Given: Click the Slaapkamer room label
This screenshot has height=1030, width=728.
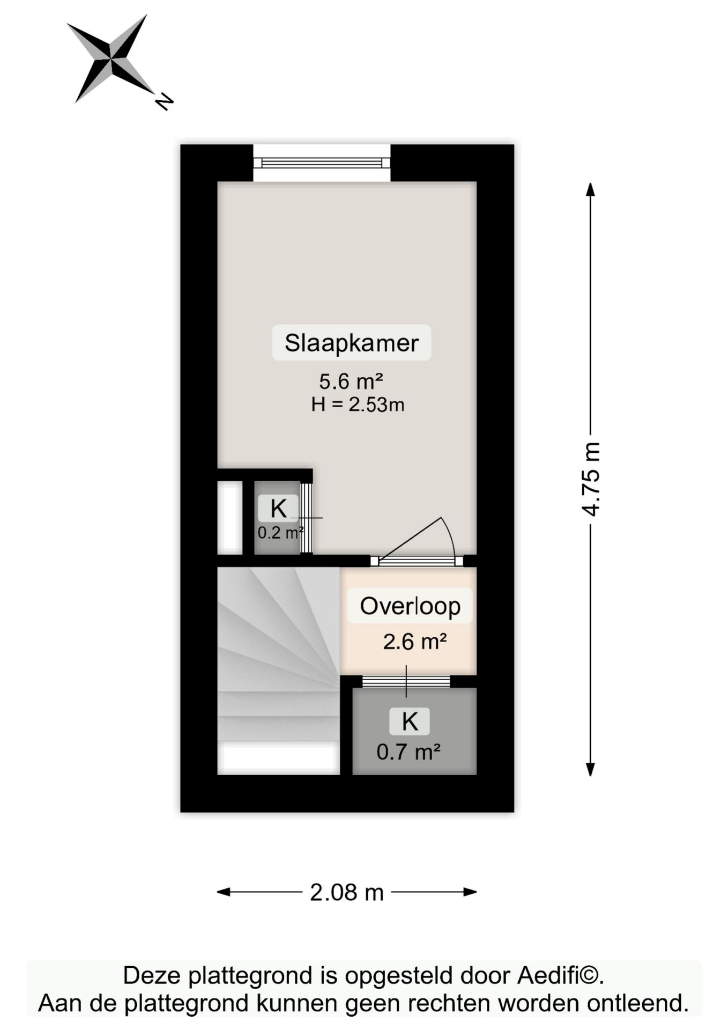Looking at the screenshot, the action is (x=352, y=343).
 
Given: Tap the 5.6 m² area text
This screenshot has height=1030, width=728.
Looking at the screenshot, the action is (x=351, y=381).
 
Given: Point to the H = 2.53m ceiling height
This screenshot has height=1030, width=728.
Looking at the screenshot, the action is (x=358, y=404).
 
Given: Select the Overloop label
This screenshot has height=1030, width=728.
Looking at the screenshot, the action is (x=410, y=606).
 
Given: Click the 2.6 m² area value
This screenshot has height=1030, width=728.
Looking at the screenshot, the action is (x=415, y=642).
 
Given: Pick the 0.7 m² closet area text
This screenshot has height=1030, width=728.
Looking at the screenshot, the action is (x=408, y=752).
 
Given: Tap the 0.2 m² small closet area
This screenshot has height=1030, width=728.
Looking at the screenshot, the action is (x=280, y=533).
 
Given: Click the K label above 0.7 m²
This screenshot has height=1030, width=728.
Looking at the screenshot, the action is (x=410, y=722).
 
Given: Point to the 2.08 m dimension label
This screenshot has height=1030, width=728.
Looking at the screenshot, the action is (x=347, y=892).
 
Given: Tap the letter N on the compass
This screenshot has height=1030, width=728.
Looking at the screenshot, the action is (x=165, y=102).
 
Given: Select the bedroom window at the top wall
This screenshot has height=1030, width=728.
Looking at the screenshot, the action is (x=322, y=163).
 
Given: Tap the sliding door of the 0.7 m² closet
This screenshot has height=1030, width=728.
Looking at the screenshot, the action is (x=406, y=681).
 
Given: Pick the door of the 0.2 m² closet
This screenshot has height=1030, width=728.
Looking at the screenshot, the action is (x=306, y=518).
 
